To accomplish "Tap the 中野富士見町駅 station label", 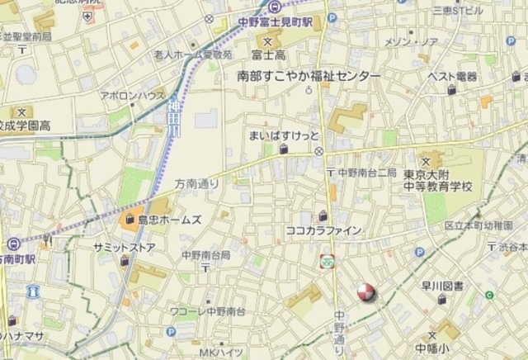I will click(275, 22).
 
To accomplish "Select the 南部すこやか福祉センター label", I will click(309, 76).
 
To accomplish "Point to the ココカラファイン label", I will click(323, 231).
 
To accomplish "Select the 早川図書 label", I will click(442, 287).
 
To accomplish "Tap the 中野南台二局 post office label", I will click(366, 173).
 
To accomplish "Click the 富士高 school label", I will click(268, 55).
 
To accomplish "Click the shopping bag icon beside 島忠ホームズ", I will click(130, 220).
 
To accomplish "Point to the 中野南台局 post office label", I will click(206, 255).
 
